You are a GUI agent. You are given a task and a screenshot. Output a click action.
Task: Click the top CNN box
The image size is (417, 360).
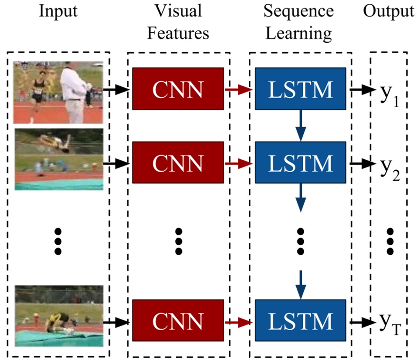[178, 88]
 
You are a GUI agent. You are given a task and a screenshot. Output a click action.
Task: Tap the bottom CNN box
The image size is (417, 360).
[178, 322]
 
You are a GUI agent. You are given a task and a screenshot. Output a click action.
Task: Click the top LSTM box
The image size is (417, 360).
[300, 88]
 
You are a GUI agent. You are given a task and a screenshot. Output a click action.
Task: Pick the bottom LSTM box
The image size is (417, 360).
[300, 322]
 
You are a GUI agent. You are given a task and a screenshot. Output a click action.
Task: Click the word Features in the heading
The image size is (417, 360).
[178, 33]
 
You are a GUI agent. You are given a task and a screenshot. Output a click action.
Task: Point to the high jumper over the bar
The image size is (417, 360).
[54, 140]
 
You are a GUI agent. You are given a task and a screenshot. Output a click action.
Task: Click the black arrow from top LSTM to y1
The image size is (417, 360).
[363, 88]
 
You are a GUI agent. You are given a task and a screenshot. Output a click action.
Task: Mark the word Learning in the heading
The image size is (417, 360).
[299, 33]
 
